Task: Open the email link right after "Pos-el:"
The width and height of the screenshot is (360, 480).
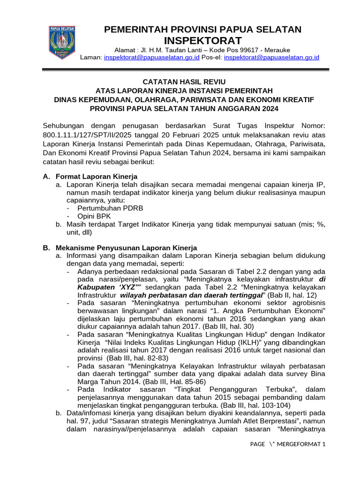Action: point(271,57)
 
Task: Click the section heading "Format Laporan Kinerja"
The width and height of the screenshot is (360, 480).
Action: point(96,176)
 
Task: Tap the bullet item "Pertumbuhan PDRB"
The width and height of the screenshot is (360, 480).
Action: point(104,208)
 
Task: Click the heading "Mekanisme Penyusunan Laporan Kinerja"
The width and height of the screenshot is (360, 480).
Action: point(126,247)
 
